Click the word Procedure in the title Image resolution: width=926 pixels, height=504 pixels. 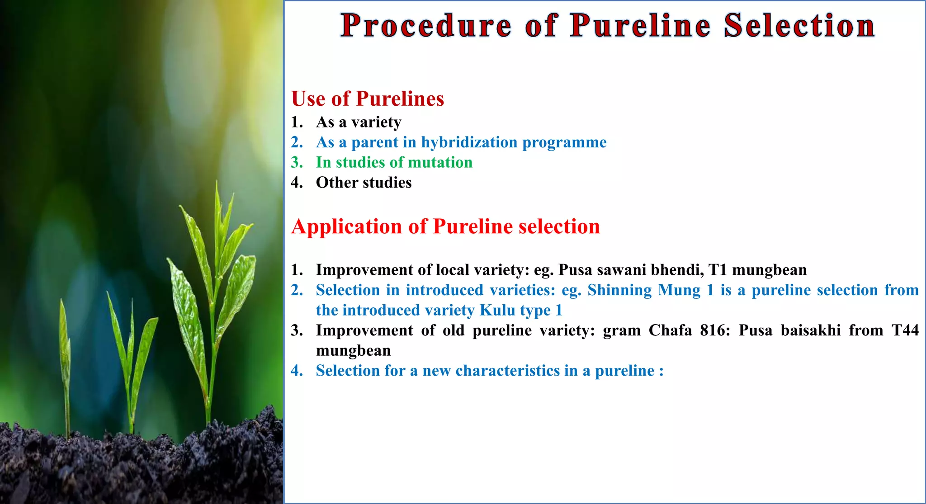click(x=425, y=26)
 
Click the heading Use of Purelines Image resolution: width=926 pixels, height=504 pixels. click(x=368, y=99)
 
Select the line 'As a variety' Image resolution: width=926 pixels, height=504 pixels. click(x=358, y=122)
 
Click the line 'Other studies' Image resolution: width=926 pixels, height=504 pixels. click(x=364, y=183)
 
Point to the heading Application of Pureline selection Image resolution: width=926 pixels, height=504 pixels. click(x=445, y=226)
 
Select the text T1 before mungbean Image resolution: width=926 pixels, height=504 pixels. click(x=718, y=270)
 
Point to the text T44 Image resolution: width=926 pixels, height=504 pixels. click(x=905, y=330)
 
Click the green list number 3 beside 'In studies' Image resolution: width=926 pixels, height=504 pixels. click(x=296, y=162)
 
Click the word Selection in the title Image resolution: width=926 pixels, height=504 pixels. click(x=799, y=26)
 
